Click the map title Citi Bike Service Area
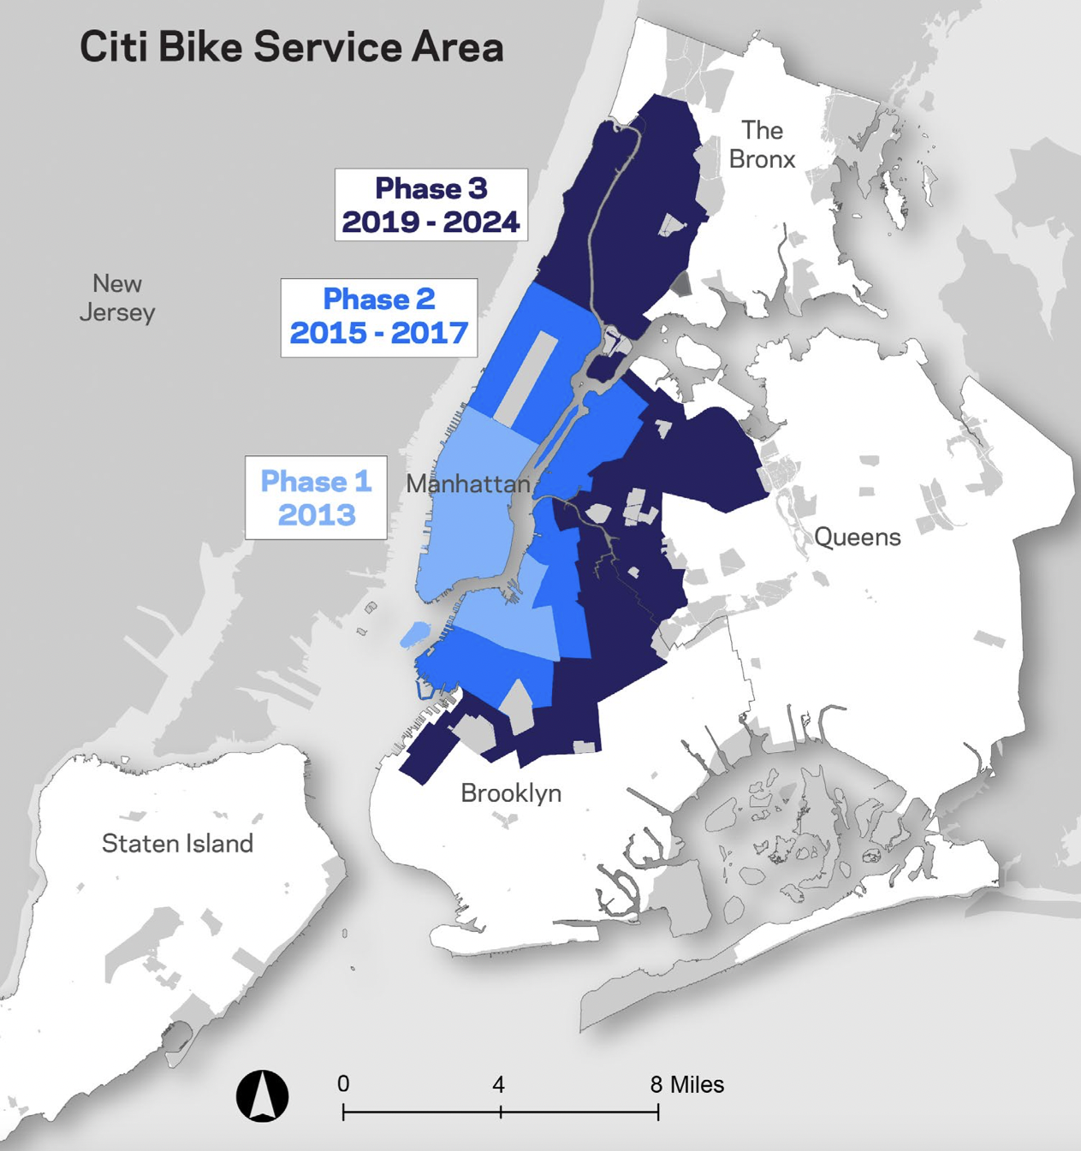pyautogui.click(x=291, y=47)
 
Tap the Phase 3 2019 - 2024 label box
pyautogui.click(x=431, y=205)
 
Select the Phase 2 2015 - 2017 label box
pyautogui.click(x=378, y=317)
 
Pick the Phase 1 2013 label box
pyautogui.click(x=316, y=497)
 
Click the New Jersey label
pyautogui.click(x=117, y=297)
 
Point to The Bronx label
pyautogui.click(x=762, y=145)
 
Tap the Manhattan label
pyautogui.click(x=467, y=484)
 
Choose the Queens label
pyautogui.click(x=857, y=537)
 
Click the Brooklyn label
pyautogui.click(x=511, y=793)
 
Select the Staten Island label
pyautogui.click(x=177, y=844)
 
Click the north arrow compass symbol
pyautogui.click(x=262, y=1096)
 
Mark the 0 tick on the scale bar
pyautogui.click(x=343, y=1111)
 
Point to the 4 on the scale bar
pyautogui.click(x=498, y=1085)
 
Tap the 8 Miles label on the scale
pyautogui.click(x=686, y=1085)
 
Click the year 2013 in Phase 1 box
pyautogui.click(x=316, y=515)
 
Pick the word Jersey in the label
pyautogui.click(x=117, y=312)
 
